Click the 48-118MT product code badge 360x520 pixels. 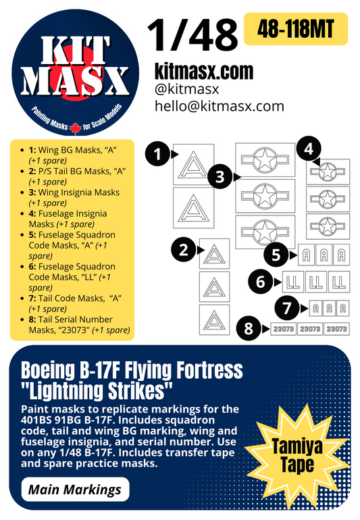(x=295, y=29)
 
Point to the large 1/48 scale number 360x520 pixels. (x=192, y=34)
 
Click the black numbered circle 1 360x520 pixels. (x=157, y=155)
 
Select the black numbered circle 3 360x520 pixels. (x=220, y=177)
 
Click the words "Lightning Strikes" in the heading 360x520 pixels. (x=98, y=390)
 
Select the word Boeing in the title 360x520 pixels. (x=48, y=370)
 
